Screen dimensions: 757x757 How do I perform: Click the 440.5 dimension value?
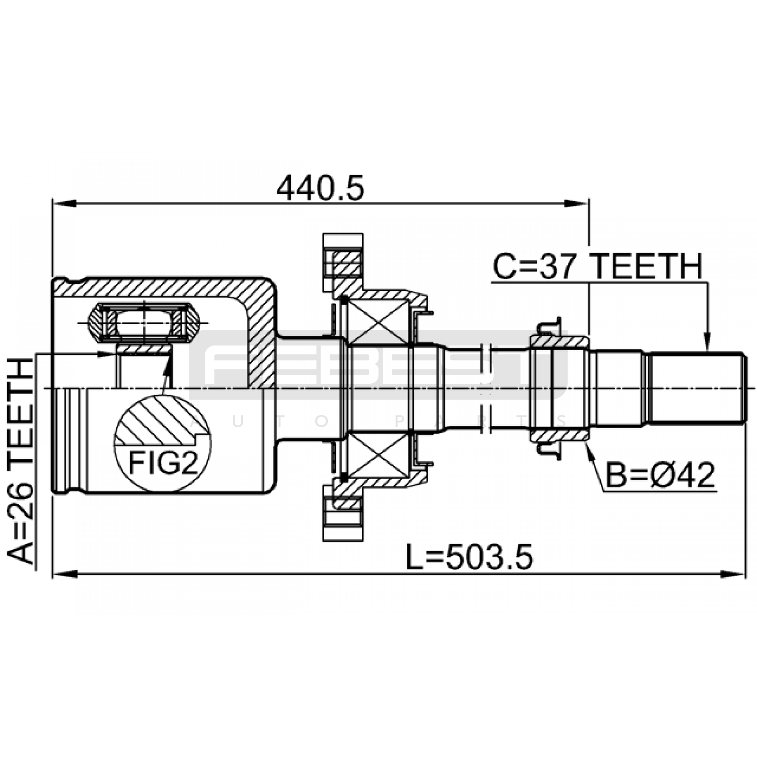pyautogui.click(x=320, y=188)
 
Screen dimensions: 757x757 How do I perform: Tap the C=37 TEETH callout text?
pyautogui.click(x=598, y=266)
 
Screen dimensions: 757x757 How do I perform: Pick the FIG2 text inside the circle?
pyautogui.click(x=163, y=462)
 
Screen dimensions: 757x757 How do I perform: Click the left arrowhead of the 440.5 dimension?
pyautogui.click(x=64, y=203)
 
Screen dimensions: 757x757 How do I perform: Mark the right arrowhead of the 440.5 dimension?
pyautogui.click(x=577, y=203)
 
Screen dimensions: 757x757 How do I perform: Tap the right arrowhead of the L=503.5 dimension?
pyautogui.click(x=733, y=574)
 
